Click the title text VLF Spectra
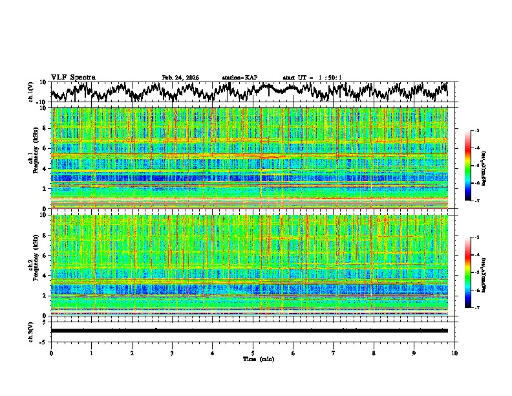(73, 77)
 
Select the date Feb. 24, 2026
(180, 78)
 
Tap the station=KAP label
(240, 78)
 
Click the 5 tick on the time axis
(253, 353)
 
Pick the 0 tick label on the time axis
(51, 353)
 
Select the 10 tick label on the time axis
(454, 353)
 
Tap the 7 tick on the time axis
(334, 353)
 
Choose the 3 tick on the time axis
(172, 353)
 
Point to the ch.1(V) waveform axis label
(30, 92)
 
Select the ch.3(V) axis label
(30, 331)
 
